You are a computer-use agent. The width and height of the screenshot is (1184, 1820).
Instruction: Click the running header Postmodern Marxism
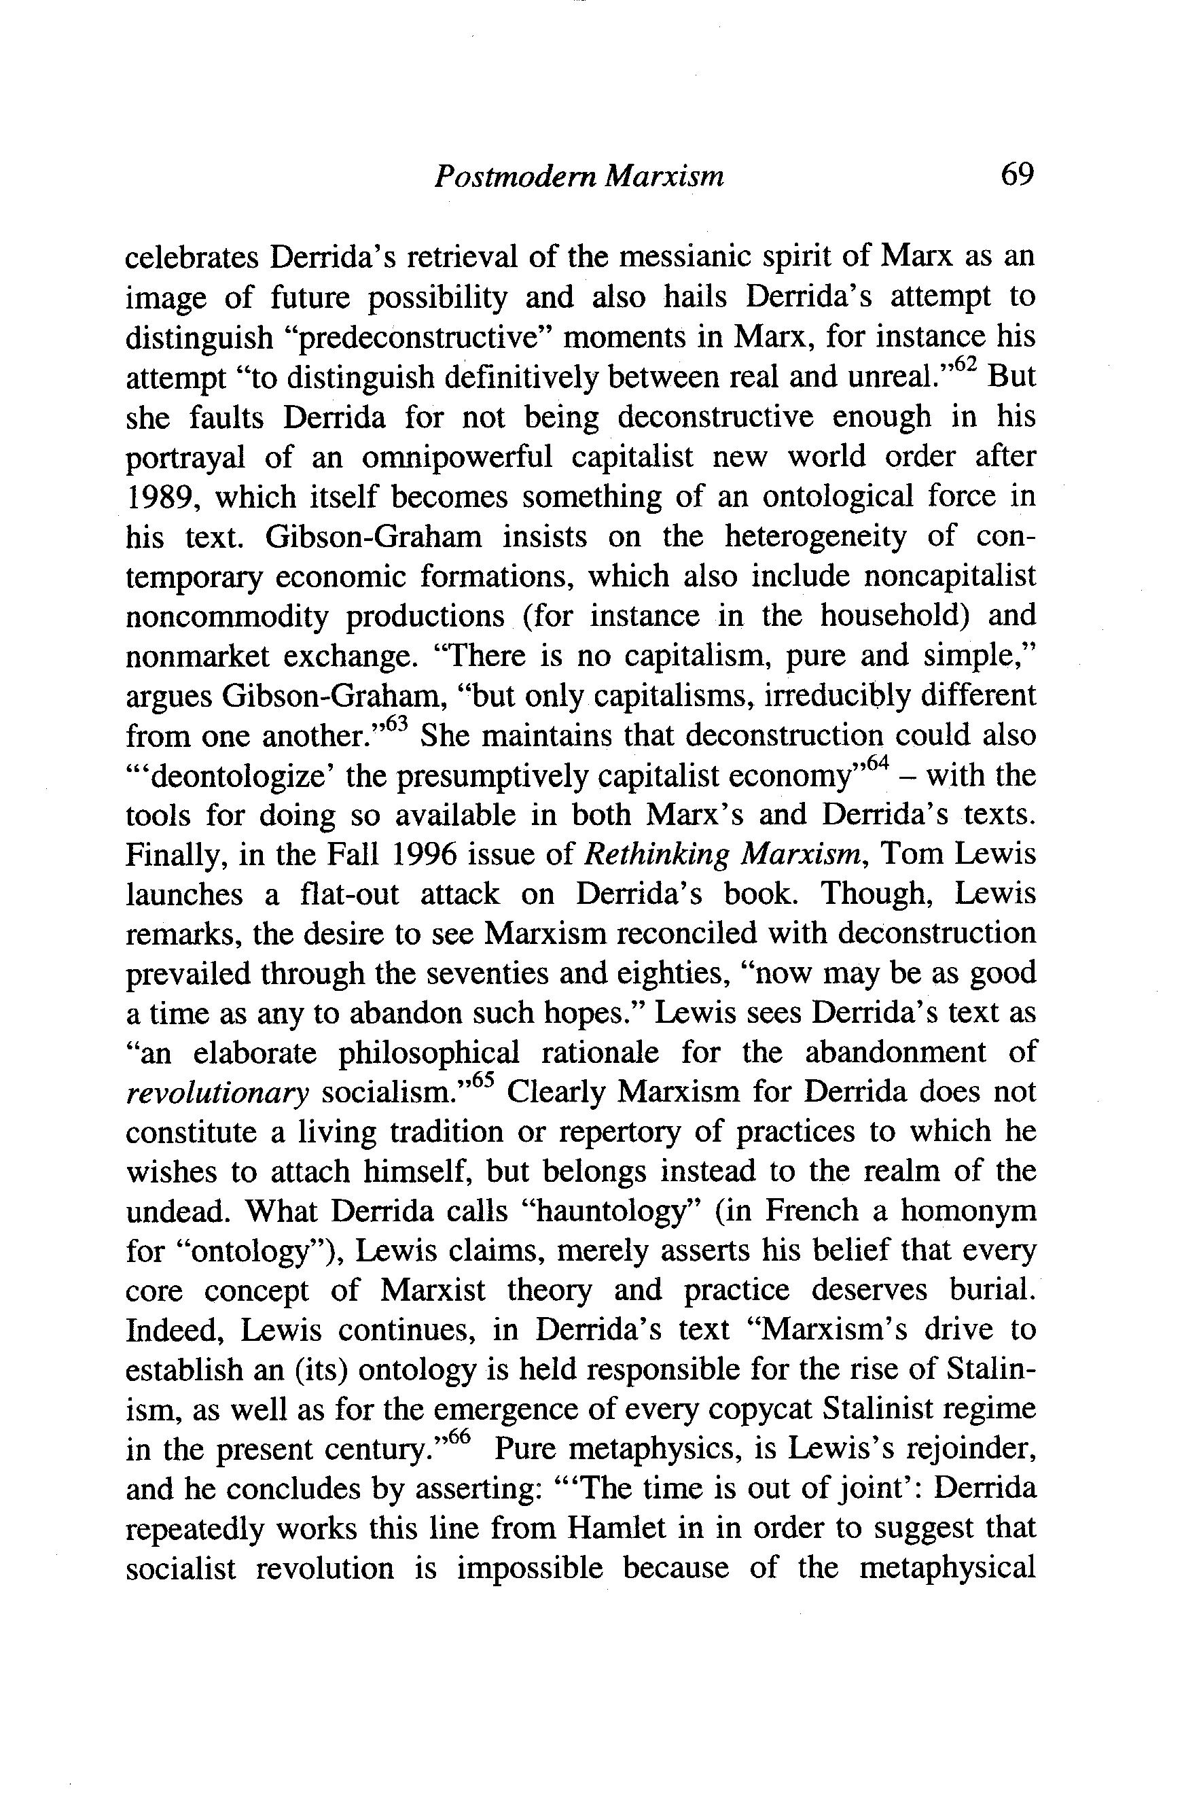point(579,177)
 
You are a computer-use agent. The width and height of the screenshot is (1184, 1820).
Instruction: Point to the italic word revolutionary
point(217,1094)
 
